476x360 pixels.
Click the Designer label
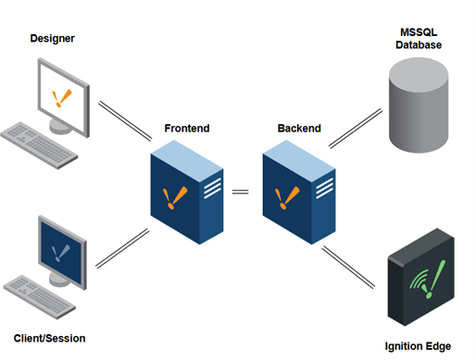[53, 39]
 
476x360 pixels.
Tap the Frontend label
[187, 128]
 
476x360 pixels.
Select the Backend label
[299, 128]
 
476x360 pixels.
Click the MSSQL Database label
[419, 39]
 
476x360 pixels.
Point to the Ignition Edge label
[418, 346]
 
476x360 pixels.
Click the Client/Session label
[49, 339]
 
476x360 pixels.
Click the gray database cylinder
[419, 105]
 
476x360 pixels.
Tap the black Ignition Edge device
[421, 277]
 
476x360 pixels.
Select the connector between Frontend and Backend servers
[240, 192]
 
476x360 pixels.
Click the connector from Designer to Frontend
[125, 121]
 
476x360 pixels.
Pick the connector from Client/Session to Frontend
[122, 248]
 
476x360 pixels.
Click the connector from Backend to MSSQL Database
[356, 129]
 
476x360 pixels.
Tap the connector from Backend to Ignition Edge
[348, 267]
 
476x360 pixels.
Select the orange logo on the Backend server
[287, 198]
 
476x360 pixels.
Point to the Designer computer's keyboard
[39, 145]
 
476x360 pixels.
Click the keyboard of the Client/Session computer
[40, 297]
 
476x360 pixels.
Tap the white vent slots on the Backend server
[324, 188]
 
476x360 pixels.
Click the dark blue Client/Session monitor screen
[61, 253]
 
